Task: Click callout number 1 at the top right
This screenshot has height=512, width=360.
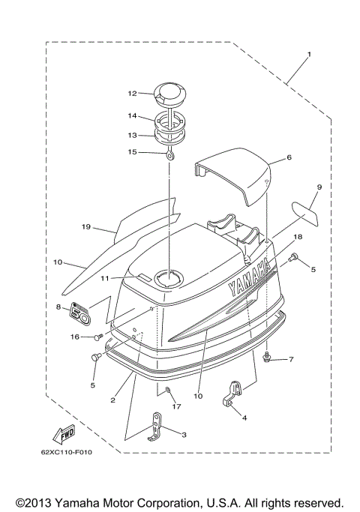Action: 308,55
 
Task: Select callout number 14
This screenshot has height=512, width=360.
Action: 132,115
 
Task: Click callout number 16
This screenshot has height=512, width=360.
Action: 74,337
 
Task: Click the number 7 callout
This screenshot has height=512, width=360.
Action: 291,359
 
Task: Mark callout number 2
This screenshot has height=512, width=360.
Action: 112,401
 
